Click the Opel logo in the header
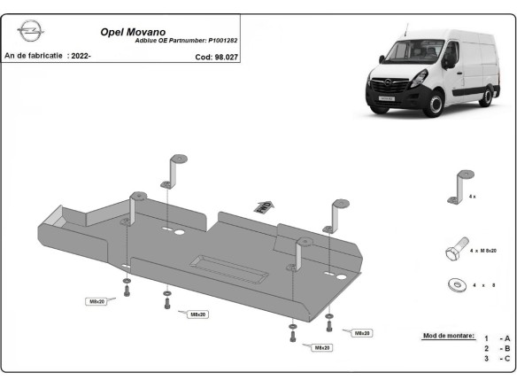click(x=30, y=33)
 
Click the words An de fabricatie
click(x=34, y=56)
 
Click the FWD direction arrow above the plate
click(x=263, y=206)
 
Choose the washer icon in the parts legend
click(x=457, y=284)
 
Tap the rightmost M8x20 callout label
click(x=361, y=333)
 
